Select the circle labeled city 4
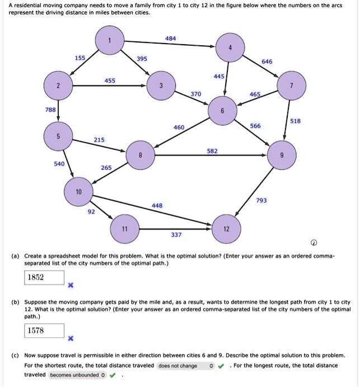tap(230, 49)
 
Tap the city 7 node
tap(291, 85)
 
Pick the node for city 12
tap(226, 229)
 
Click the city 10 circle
tap(78, 192)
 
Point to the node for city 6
tap(222, 111)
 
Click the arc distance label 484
tap(171, 38)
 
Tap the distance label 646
tap(267, 62)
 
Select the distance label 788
tap(50, 110)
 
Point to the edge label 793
tap(261, 200)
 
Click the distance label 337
tap(176, 235)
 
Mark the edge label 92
tap(91, 212)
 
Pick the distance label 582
tap(212, 151)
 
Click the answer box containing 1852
tap(44, 277)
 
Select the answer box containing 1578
tap(44, 331)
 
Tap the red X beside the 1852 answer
tap(71, 285)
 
